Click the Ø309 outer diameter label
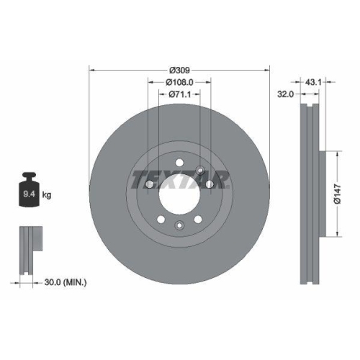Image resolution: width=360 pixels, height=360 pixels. tap(179, 71)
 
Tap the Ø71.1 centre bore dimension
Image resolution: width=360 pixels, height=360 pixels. tap(179, 94)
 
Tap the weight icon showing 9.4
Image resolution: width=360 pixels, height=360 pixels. tap(30, 191)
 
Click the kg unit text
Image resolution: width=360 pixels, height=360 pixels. tap(46, 194)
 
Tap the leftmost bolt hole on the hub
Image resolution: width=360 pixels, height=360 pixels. tap(148, 186)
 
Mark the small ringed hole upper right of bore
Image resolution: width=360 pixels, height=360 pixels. tap(199, 171)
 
